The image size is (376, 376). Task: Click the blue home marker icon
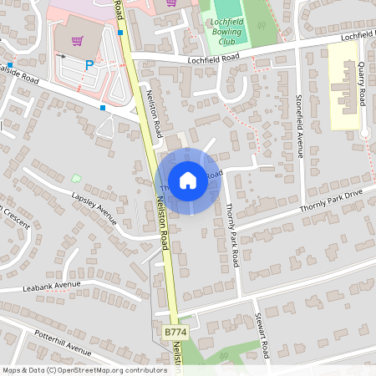(188, 180)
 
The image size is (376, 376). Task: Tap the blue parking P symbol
(89, 64)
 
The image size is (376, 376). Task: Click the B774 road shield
(175, 333)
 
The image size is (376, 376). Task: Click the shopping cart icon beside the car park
(77, 40)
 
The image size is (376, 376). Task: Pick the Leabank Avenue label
(52, 286)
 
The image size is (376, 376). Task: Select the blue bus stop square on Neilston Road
(120, 33)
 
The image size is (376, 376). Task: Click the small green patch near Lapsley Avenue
(76, 177)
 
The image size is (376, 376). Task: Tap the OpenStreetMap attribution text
(84, 369)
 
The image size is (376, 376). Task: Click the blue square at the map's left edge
(10, 64)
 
